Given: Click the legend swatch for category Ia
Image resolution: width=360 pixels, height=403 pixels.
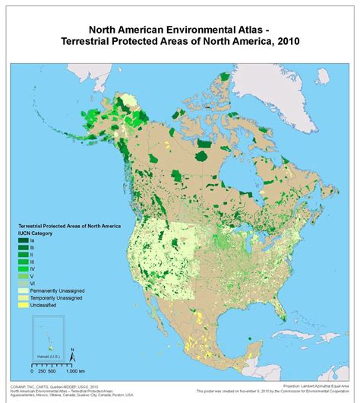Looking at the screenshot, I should tap(25, 241).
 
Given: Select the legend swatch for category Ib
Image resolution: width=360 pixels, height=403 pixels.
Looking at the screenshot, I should tap(25, 249).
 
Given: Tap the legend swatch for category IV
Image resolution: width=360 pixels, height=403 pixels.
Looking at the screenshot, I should tap(25, 268).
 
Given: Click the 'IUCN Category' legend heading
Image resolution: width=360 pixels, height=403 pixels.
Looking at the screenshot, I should tap(39, 233).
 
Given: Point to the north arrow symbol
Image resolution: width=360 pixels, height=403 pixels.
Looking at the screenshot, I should tap(71, 354).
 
